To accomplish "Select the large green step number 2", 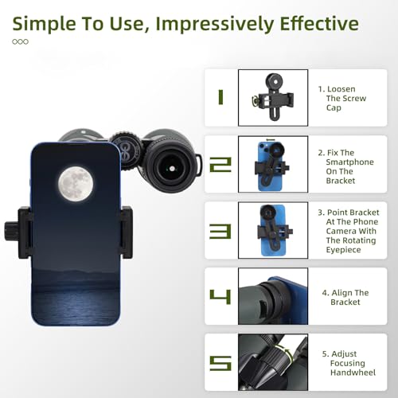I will (x=220, y=165).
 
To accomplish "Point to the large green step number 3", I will (x=220, y=231).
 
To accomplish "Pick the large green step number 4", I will (x=220, y=297).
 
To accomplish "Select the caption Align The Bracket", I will (x=345, y=298).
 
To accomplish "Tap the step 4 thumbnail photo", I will (x=275, y=297).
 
